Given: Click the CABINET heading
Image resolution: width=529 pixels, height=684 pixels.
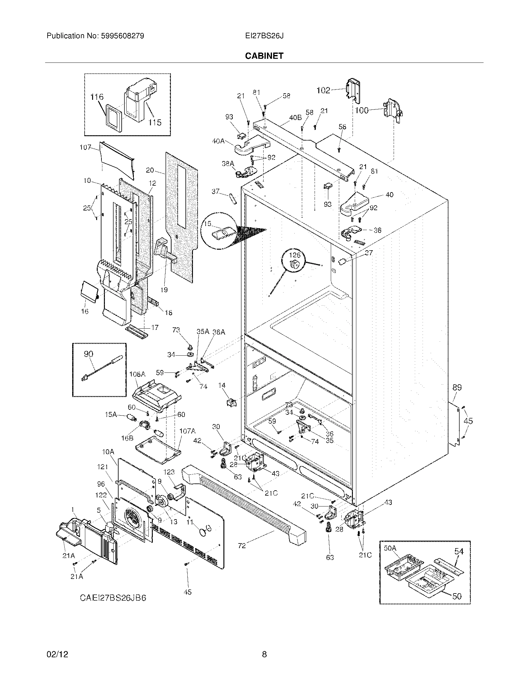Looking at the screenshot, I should [264, 56].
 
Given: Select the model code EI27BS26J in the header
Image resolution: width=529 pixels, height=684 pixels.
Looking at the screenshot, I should [264, 36].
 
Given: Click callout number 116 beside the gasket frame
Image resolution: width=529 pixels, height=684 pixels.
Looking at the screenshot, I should [97, 97].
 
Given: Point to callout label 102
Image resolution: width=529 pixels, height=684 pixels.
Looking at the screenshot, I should [323, 90].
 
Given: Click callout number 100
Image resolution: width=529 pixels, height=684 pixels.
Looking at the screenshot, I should [362, 110].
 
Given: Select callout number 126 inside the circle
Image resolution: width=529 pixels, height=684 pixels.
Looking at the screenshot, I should [294, 255].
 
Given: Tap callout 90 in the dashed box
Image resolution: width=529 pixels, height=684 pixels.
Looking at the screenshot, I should [88, 354].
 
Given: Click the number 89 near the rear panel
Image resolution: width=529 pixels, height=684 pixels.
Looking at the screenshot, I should [457, 387].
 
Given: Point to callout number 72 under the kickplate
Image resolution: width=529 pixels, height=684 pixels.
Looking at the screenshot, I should [241, 546].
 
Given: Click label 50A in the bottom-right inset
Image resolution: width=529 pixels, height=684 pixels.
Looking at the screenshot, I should [390, 548].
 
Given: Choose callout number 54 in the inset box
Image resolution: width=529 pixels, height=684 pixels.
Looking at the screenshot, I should [459, 551].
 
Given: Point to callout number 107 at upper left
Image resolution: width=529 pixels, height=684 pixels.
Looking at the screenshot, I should [85, 147].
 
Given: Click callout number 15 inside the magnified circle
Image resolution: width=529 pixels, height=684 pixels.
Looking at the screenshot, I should [208, 224].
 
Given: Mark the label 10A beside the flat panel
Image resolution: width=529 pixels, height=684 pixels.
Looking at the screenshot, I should [107, 452].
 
